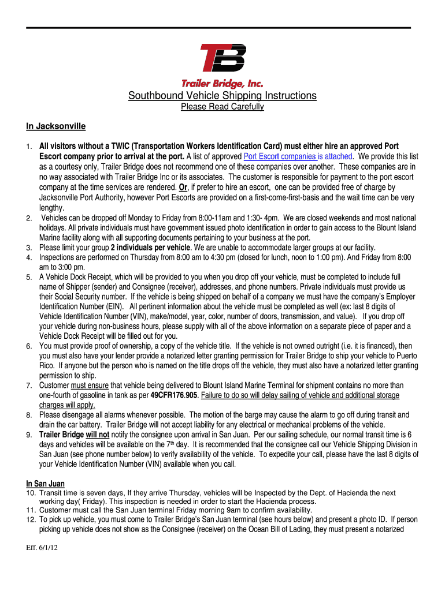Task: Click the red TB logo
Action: [x=222, y=58]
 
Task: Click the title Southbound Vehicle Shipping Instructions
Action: [x=222, y=95]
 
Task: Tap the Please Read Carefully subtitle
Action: [x=222, y=107]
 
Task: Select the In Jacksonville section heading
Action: [x=55, y=126]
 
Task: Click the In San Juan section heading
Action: [x=45, y=484]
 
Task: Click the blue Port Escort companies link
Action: [x=280, y=156]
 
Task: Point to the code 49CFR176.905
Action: [x=175, y=395]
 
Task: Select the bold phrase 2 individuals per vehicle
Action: [x=146, y=248]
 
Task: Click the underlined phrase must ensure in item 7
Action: [x=90, y=385]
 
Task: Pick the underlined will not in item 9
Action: [x=98, y=434]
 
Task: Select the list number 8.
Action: [x=29, y=415]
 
